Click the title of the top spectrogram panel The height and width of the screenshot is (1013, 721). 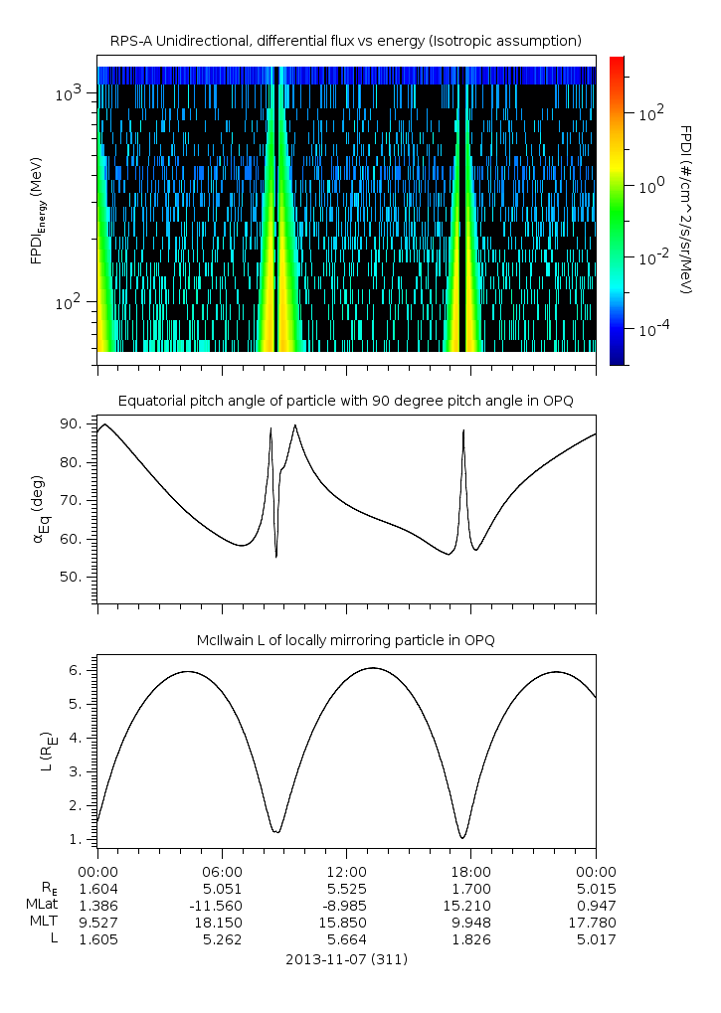345,41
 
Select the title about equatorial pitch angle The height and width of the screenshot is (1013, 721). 345,401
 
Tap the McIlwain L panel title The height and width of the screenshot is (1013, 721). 345,639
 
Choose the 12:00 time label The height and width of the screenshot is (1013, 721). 346,871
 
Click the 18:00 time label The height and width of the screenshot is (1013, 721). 470,871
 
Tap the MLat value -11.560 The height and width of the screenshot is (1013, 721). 221,906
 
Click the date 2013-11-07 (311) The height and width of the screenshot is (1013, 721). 345,960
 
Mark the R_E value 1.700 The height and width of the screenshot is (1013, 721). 470,888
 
